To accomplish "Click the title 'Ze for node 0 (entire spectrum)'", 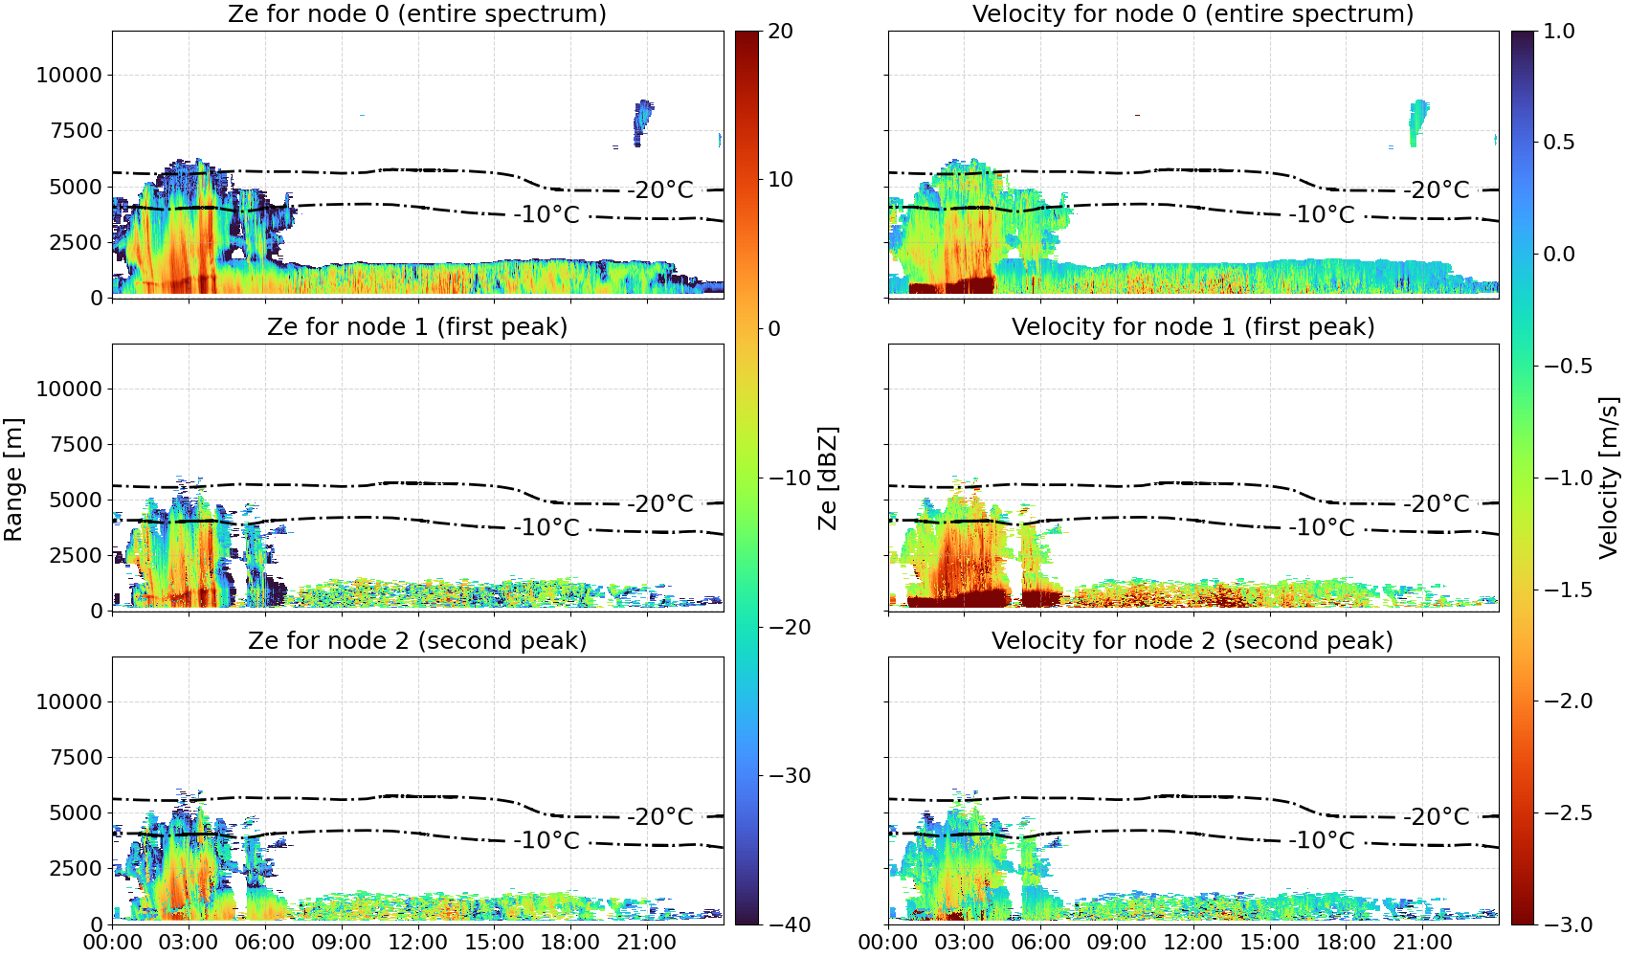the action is pyautogui.click(x=417, y=13).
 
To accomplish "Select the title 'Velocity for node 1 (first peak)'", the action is pyautogui.click(x=1192, y=326).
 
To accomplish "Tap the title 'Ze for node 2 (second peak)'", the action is pyautogui.click(x=417, y=640).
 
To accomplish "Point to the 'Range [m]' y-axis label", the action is pyautogui.click(x=13, y=479).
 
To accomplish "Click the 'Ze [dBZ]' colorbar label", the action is pyautogui.click(x=827, y=478).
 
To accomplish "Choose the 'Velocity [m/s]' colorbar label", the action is pyautogui.click(x=1609, y=477).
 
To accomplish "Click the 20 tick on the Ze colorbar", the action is pyautogui.click(x=780, y=32).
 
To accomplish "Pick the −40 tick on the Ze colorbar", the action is pyautogui.click(x=789, y=924).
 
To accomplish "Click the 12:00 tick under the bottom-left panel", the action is pyautogui.click(x=417, y=943).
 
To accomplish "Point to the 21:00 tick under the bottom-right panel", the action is pyautogui.click(x=1422, y=943).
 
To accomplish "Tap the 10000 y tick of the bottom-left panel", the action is pyautogui.click(x=70, y=701).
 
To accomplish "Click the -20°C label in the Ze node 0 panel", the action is pyautogui.click(x=661, y=189).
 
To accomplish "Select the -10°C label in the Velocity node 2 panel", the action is pyautogui.click(x=1322, y=840).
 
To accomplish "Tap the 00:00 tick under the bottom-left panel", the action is pyautogui.click(x=113, y=943).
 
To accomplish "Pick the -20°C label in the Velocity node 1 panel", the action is pyautogui.click(x=1437, y=503).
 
